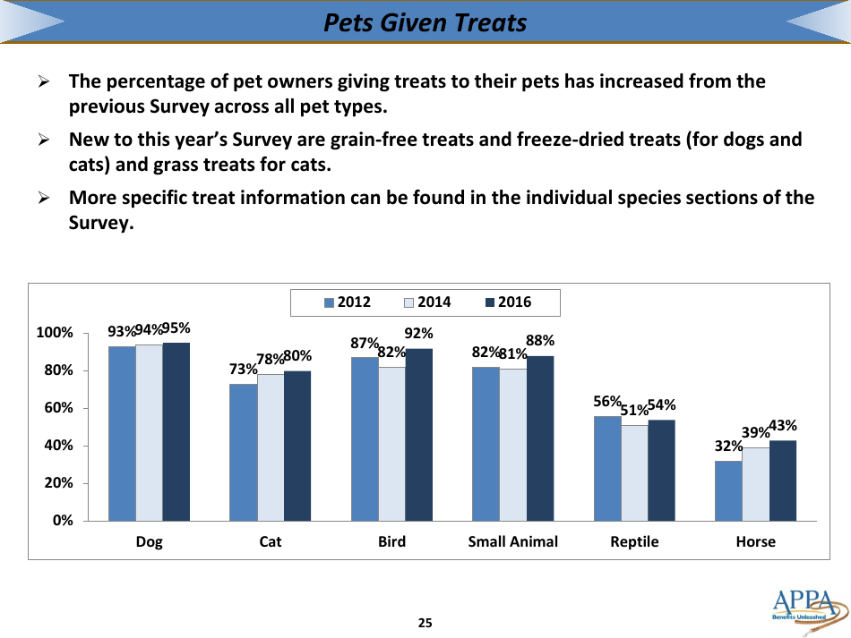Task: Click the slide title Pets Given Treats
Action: [425, 22]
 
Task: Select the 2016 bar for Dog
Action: [176, 431]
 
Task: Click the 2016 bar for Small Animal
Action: [540, 438]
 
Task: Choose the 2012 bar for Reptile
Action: [607, 468]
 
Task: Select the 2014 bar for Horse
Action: [755, 483]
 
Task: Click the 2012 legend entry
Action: [347, 302]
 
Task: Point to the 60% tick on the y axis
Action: [55, 408]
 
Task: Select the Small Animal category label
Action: [512, 541]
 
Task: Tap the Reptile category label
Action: [634, 541]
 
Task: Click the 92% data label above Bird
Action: [419, 334]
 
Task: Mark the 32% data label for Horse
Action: [727, 446]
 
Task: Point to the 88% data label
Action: [540, 340]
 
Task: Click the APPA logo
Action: [804, 608]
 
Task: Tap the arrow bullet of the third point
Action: [42, 198]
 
